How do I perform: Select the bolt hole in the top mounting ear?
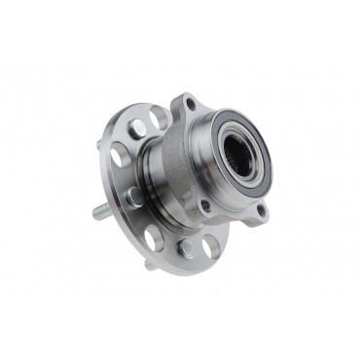189,104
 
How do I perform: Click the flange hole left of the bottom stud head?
154,237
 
